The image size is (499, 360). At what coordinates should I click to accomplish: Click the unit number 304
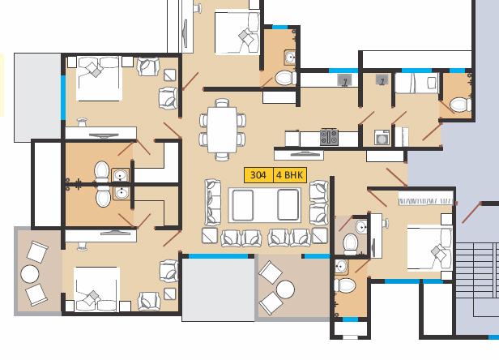click(x=258, y=175)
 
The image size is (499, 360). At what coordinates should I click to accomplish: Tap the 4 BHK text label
click(x=289, y=175)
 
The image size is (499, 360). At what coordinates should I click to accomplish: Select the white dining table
click(x=222, y=130)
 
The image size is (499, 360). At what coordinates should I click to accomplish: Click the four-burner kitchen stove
click(x=329, y=137)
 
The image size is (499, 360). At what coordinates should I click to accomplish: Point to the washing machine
click(x=382, y=138)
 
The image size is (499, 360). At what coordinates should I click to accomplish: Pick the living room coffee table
click(x=265, y=205)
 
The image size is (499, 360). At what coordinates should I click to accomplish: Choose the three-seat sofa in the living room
click(x=212, y=202)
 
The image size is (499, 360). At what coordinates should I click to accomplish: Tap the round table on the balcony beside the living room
click(x=285, y=289)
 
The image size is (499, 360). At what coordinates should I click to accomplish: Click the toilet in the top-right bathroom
click(x=460, y=104)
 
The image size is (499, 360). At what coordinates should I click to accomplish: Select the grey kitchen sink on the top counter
click(x=344, y=80)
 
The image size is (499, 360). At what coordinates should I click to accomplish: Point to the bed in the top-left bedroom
click(x=100, y=79)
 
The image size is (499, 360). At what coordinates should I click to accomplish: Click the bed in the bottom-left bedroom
click(x=96, y=289)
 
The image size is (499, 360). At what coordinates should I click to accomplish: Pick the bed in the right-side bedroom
click(x=429, y=248)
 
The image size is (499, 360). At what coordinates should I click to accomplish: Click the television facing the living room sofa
click(x=299, y=155)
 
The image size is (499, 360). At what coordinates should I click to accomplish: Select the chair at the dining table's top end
click(x=222, y=103)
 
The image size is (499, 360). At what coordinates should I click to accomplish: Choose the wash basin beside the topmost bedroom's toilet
click(x=290, y=58)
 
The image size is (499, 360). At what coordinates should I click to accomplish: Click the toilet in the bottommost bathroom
click(x=345, y=285)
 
